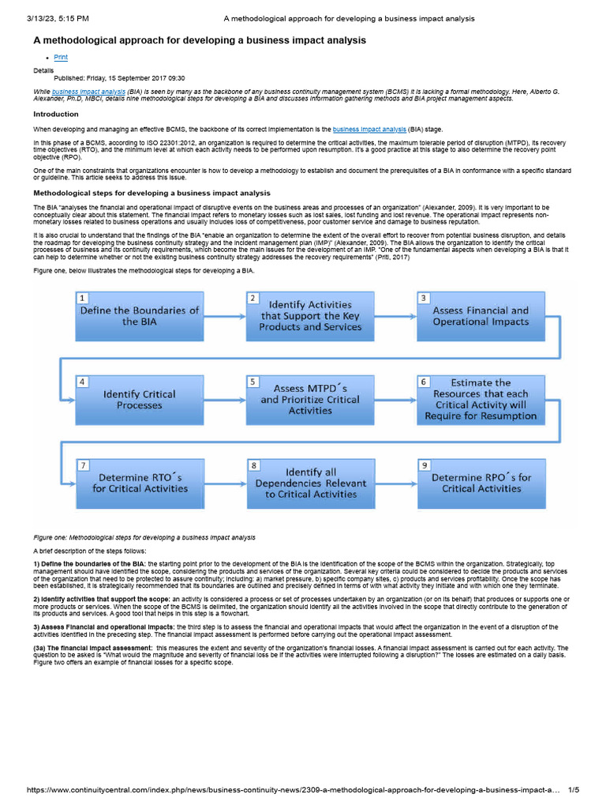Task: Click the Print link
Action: [60, 58]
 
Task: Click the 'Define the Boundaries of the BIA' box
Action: [140, 315]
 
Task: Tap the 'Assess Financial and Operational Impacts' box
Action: [481, 315]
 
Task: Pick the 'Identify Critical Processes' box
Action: [140, 399]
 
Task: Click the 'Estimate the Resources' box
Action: [481, 399]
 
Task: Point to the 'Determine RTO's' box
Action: [140, 483]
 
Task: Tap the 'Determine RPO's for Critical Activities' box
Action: [481, 483]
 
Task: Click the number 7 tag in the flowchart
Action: [82, 466]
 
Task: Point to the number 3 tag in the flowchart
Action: [424, 298]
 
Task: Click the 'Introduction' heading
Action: [55, 114]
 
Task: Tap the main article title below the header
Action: [199, 40]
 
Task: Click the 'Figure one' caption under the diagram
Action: [144, 537]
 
